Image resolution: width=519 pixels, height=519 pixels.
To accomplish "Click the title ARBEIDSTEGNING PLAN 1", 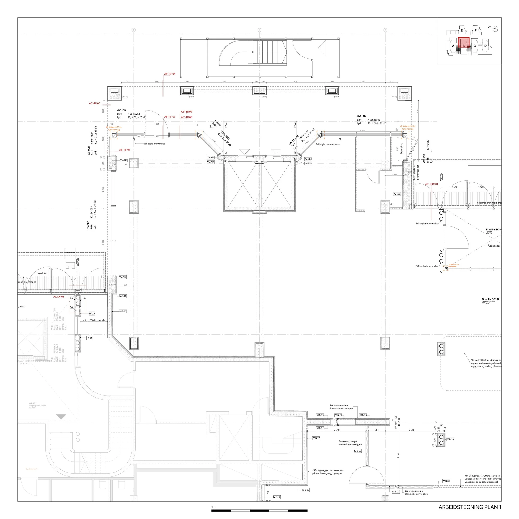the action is (470, 507).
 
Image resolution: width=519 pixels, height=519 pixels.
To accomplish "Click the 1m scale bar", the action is (259, 510).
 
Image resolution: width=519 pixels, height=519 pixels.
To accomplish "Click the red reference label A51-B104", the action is (170, 74).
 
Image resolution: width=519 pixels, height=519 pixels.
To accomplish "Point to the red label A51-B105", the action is (94, 103).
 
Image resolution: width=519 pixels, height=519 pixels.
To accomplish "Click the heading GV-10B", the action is (121, 110).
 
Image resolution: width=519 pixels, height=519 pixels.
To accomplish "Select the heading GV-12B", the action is (361, 116).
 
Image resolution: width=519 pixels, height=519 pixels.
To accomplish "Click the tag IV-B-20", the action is (450, 439).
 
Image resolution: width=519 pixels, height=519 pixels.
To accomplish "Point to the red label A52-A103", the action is (59, 297).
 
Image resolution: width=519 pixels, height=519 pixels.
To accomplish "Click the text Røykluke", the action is (42, 273).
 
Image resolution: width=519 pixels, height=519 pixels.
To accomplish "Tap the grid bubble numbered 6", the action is (259, 30).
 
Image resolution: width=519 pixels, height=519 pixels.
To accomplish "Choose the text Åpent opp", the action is (494, 246).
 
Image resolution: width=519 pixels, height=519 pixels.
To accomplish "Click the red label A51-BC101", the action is (431, 184).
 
